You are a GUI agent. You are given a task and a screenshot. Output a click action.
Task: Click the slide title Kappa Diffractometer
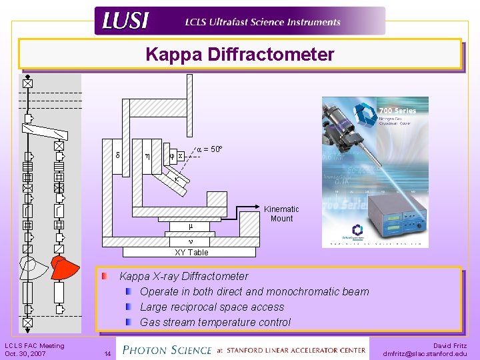pyautogui.click(x=240, y=54)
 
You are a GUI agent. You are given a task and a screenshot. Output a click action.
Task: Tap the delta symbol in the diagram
pyautogui.click(x=117, y=156)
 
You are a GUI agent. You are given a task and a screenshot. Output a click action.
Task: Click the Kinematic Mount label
pyautogui.click(x=281, y=213)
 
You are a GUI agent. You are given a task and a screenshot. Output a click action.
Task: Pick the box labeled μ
pyautogui.click(x=190, y=226)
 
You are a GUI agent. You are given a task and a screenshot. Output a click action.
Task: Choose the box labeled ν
pyautogui.click(x=190, y=241)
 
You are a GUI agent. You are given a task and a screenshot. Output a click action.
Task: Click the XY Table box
pyautogui.click(x=191, y=252)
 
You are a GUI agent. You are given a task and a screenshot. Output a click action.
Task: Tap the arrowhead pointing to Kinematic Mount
pyautogui.click(x=261, y=202)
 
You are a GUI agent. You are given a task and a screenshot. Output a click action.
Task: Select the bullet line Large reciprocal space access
pyautogui.click(x=212, y=307)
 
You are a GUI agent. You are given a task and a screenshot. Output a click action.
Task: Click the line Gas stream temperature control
pyautogui.click(x=215, y=322)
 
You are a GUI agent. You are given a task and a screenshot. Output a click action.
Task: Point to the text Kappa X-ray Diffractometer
pyautogui.click(x=184, y=276)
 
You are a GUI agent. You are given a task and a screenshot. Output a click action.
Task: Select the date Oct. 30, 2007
pyautogui.click(x=25, y=353)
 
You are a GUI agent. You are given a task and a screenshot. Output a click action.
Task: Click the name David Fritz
pyautogui.click(x=450, y=345)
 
